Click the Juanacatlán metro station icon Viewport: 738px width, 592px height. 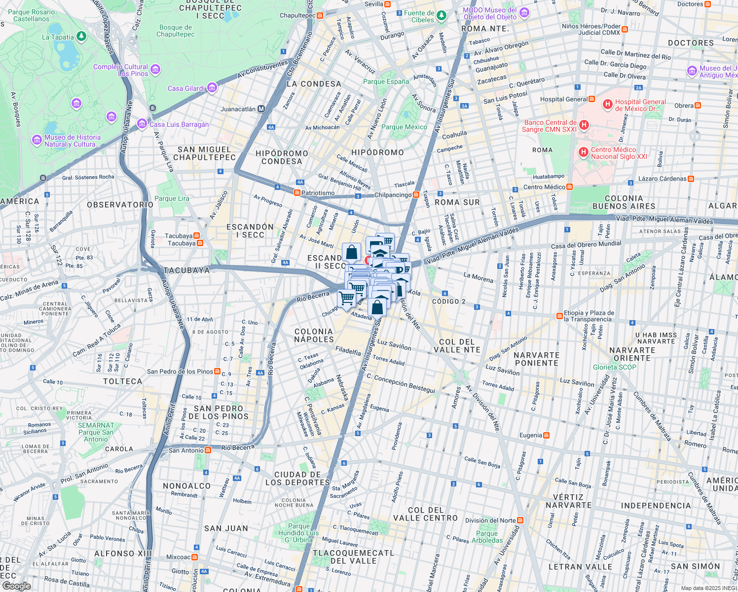[x=261, y=109]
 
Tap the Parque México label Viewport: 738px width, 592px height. [x=404, y=127]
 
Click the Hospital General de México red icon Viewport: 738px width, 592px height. [x=608, y=105]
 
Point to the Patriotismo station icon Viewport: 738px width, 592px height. [x=297, y=193]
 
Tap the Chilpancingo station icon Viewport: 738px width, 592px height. [x=416, y=195]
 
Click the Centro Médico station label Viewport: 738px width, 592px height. [x=544, y=187]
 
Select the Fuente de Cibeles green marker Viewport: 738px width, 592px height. [x=442, y=16]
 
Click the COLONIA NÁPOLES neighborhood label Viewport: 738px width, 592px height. [x=314, y=335]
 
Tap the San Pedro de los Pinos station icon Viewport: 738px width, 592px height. [x=218, y=371]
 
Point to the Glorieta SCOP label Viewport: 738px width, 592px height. [x=615, y=367]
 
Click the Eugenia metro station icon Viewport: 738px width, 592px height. [x=546, y=435]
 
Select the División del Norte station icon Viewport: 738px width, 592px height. [x=520, y=520]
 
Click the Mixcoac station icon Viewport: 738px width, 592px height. [x=195, y=557]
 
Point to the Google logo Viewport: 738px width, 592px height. [x=16, y=586]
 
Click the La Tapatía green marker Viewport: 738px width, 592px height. [x=82, y=36]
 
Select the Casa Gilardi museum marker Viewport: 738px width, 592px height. [x=212, y=88]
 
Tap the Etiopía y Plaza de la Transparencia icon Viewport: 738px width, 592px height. [x=559, y=316]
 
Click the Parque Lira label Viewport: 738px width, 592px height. [x=172, y=198]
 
